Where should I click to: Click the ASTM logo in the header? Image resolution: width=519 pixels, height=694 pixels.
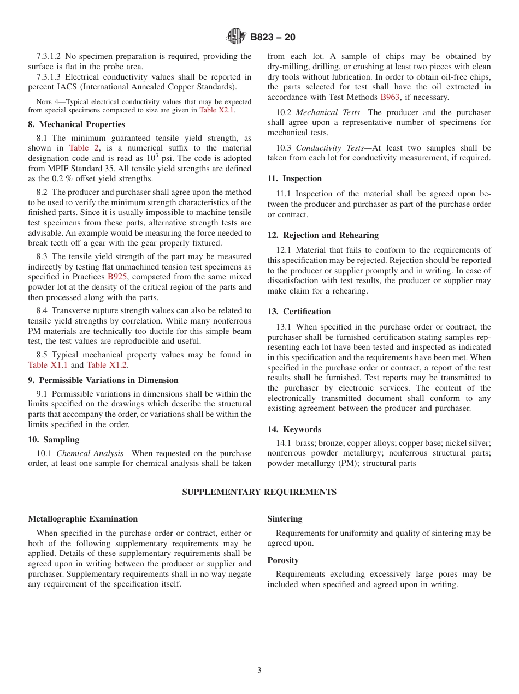click(236, 37)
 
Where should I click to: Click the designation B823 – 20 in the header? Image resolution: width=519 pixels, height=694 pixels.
click(273, 37)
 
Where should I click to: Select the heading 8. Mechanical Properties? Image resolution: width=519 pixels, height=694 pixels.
click(76, 124)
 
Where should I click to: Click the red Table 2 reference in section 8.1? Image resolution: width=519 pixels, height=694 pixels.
click(84, 148)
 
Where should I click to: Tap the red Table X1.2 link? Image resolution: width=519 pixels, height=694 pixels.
click(107, 365)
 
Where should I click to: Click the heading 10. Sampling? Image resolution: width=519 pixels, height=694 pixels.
click(54, 440)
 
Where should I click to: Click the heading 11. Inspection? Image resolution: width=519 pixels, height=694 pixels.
click(294, 178)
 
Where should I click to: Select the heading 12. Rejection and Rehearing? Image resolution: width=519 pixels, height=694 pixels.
click(323, 235)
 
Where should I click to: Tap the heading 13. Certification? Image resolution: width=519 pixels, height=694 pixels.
click(299, 312)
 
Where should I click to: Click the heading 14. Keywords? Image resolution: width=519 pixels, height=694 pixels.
click(294, 429)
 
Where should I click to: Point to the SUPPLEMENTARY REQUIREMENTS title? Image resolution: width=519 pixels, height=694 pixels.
click(259, 492)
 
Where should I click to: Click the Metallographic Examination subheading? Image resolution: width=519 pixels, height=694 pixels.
click(83, 519)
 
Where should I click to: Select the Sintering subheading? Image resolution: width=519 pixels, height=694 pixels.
click(285, 519)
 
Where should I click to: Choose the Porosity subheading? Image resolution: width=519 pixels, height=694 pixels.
click(283, 560)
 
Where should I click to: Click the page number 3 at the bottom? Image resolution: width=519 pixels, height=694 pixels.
click(259, 671)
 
